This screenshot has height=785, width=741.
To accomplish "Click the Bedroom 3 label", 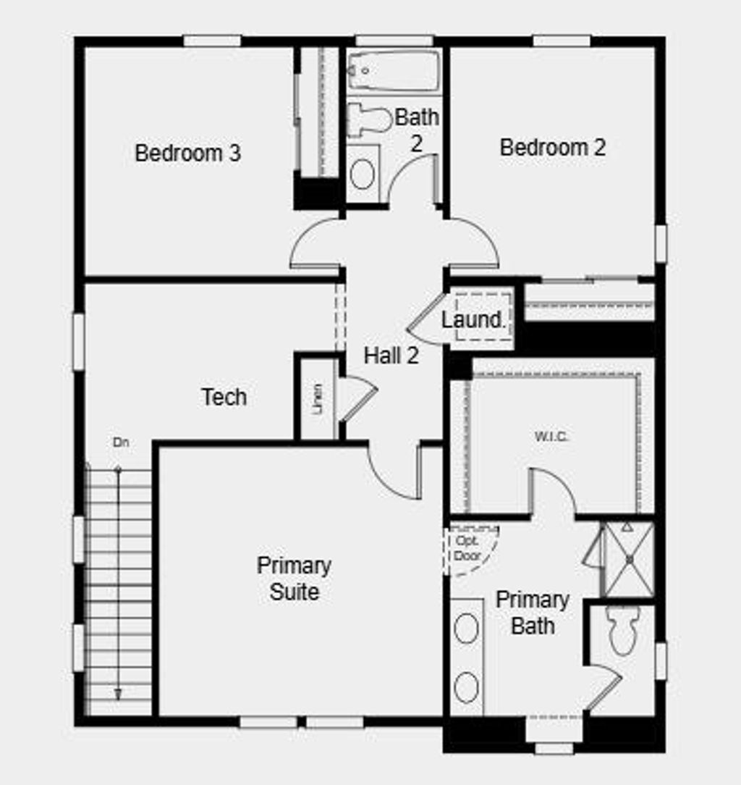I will click(188, 154).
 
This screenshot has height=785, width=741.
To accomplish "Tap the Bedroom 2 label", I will click(553, 148).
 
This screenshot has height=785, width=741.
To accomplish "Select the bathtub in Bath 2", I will click(393, 70).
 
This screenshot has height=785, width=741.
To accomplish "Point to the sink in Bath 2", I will click(362, 174).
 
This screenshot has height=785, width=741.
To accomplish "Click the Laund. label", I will click(473, 319).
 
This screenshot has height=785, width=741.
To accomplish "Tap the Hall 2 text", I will click(391, 356).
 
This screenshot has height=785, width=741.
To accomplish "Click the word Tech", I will click(224, 397).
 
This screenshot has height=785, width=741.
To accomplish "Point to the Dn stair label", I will click(121, 442).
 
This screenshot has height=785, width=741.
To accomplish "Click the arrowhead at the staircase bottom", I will click(118, 694).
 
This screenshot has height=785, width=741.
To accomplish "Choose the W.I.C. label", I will click(551, 437).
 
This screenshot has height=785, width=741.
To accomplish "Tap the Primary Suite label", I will click(294, 578).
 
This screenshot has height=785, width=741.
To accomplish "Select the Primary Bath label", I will click(532, 613).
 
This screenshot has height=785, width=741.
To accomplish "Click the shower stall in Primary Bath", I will click(629, 558).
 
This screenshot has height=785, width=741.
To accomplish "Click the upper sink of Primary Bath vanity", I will click(467, 627).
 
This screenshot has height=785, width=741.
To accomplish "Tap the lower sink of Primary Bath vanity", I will click(467, 687).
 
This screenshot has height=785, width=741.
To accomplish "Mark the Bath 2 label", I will click(417, 129).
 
